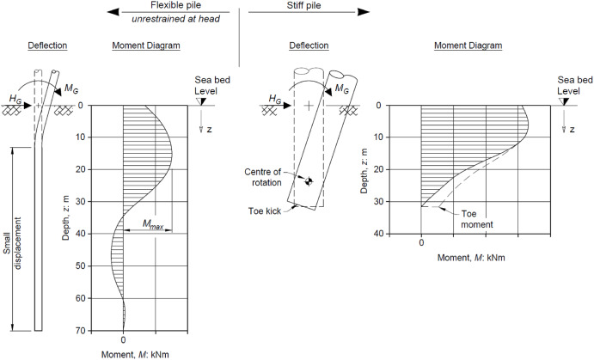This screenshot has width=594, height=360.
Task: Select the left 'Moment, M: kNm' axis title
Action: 124,353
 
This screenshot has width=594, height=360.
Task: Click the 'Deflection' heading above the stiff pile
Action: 307,45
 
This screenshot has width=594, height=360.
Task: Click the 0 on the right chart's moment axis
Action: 421,243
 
